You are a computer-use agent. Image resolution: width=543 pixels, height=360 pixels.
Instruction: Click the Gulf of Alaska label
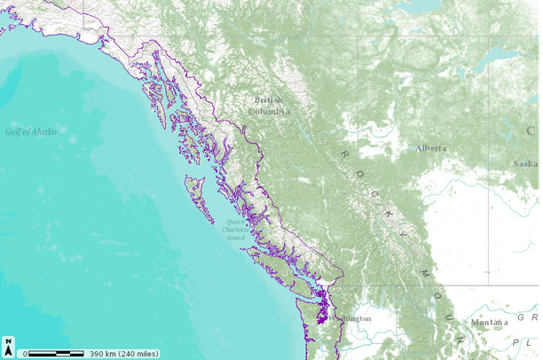[x=31, y=131]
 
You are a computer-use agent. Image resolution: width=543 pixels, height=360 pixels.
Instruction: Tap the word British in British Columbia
[x=268, y=100]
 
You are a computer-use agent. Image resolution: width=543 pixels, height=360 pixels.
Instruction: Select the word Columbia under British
[x=269, y=112]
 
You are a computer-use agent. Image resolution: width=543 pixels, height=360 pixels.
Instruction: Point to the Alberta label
[x=431, y=148]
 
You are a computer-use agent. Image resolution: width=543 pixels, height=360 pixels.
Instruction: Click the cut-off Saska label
[x=526, y=163]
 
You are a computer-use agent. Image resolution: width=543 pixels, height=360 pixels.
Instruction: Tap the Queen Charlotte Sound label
[x=235, y=230]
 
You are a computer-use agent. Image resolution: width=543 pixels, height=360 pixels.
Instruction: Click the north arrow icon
[x=8, y=344]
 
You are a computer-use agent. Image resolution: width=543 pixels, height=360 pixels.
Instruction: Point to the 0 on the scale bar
[x=26, y=353]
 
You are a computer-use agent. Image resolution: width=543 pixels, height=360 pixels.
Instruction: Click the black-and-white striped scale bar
[x=57, y=353]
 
